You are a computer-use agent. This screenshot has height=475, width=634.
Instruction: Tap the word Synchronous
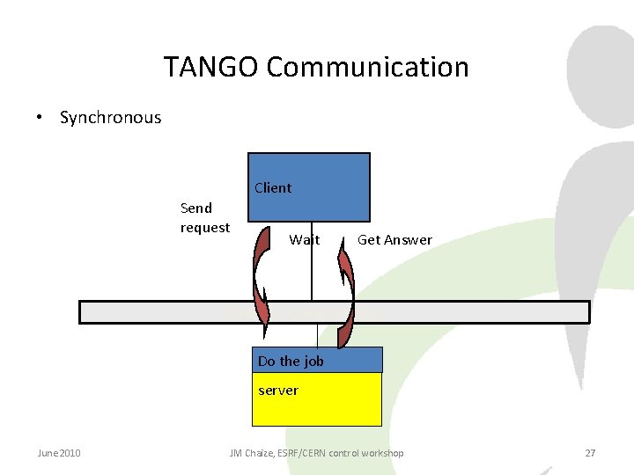(110, 118)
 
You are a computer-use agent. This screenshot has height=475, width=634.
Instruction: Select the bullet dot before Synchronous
(41, 118)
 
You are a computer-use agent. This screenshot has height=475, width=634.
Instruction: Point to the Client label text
(273, 187)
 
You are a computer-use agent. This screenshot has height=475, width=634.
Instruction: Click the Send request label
(204, 217)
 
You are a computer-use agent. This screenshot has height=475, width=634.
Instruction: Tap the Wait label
(305, 239)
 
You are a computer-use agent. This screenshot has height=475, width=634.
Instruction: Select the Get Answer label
(394, 239)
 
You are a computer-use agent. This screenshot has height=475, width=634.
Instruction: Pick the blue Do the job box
(319, 360)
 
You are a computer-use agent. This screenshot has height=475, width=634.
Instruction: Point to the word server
(278, 390)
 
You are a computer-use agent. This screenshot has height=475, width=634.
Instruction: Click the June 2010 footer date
(59, 453)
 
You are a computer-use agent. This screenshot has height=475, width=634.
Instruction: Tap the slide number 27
(590, 453)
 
